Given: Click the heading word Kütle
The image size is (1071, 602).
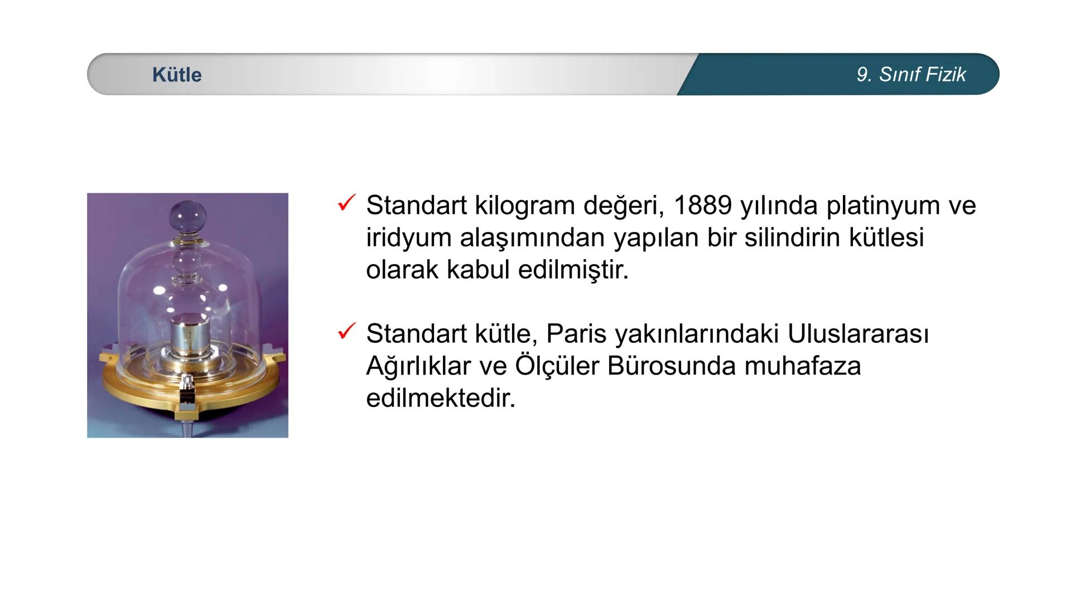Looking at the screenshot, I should tap(177, 75).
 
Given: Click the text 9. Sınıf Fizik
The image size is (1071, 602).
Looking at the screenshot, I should tap(911, 75).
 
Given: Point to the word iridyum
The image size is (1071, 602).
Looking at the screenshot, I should tap(408, 237).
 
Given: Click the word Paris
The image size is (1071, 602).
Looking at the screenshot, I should tap(576, 333).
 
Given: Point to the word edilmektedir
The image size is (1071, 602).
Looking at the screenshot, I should tap(441, 398).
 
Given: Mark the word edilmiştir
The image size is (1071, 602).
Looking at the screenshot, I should tap(573, 270).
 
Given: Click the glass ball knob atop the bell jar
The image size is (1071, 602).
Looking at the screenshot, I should tap(188, 215).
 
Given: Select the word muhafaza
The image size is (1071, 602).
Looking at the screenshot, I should tap(803, 366).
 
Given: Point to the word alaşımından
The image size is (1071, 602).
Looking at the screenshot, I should tap(533, 237).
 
